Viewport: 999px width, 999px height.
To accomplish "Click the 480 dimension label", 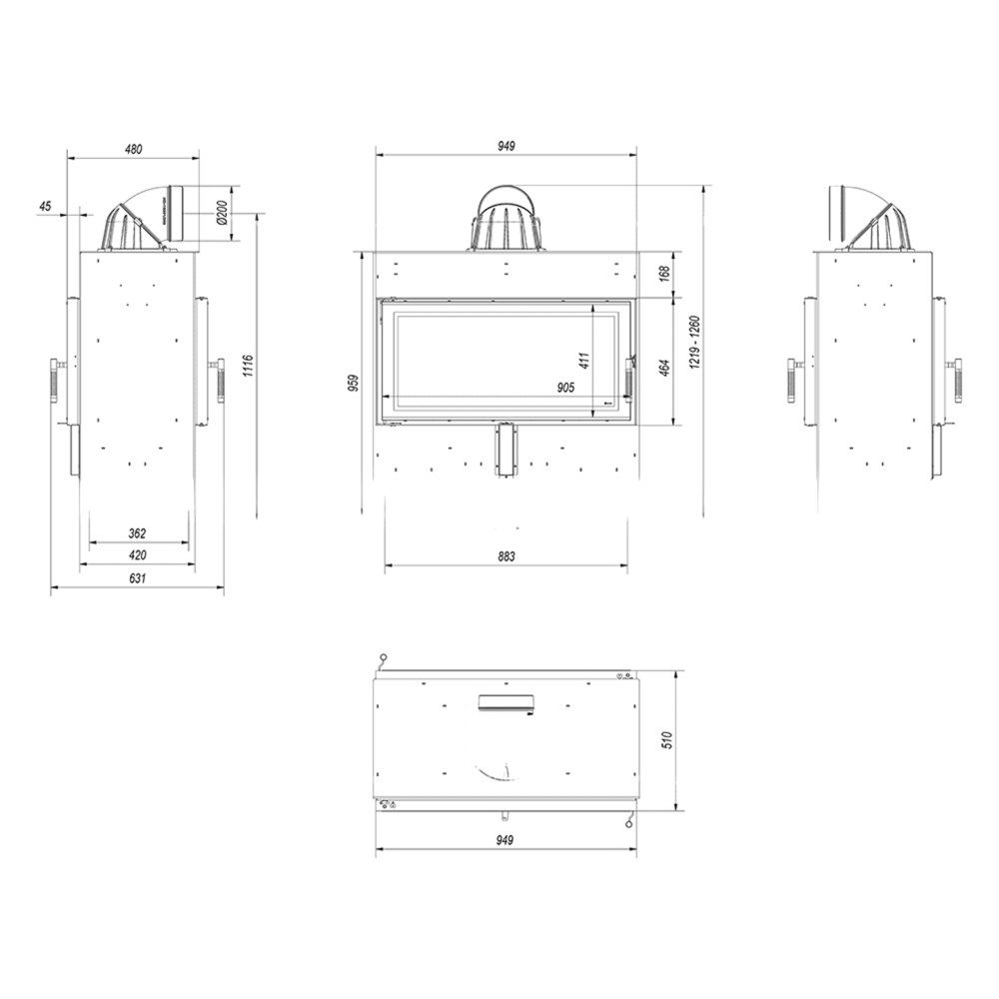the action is pyautogui.click(x=133, y=149).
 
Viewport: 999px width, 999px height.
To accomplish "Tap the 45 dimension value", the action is pyautogui.click(x=45, y=206).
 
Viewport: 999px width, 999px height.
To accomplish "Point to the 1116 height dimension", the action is pyautogui.click(x=249, y=366).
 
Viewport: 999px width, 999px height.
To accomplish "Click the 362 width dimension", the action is pyautogui.click(x=137, y=533).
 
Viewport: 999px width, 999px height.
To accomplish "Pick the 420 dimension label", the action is pyautogui.click(x=137, y=554).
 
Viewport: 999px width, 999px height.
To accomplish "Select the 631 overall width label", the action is pyautogui.click(x=137, y=577).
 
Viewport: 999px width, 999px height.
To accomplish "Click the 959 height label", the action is pyautogui.click(x=355, y=383).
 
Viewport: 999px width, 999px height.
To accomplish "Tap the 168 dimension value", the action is pyautogui.click(x=664, y=274).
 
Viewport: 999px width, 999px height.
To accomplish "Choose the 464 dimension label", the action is pyautogui.click(x=664, y=368).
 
